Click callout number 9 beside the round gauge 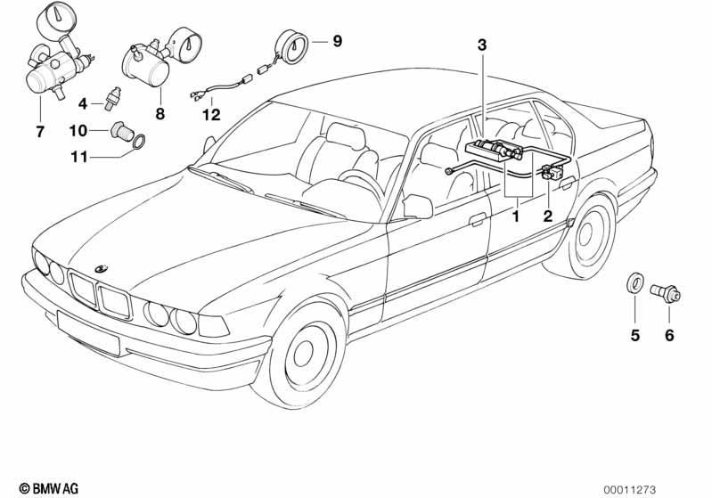tap(337, 41)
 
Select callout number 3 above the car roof tap(482, 45)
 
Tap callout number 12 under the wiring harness tap(211, 115)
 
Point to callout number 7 tap(40, 132)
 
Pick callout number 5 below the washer tap(634, 336)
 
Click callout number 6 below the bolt tap(670, 336)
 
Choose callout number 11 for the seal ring tap(78, 158)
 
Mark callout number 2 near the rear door tap(548, 216)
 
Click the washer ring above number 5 tap(634, 282)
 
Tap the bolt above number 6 tap(667, 292)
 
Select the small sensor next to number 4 tap(111, 99)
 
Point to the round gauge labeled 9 tap(292, 45)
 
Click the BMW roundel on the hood tap(102, 268)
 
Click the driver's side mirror tap(417, 207)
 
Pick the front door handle tap(477, 220)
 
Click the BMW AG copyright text tap(49, 488)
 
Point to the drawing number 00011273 tap(630, 490)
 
